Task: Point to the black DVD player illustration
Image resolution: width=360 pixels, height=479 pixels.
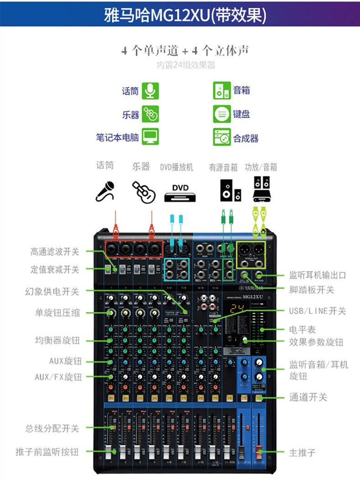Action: tap(180, 193)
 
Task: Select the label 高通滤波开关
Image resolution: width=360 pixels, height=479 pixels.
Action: tap(55, 251)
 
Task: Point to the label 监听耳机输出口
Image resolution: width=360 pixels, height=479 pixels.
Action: tap(318, 275)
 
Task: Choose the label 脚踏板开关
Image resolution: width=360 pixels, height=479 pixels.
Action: tap(312, 290)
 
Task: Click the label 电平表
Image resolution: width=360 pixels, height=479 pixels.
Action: tap(302, 329)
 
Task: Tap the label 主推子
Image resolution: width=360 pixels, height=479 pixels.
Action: tap(302, 453)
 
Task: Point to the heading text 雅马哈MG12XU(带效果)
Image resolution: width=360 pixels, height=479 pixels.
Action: tap(180, 13)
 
